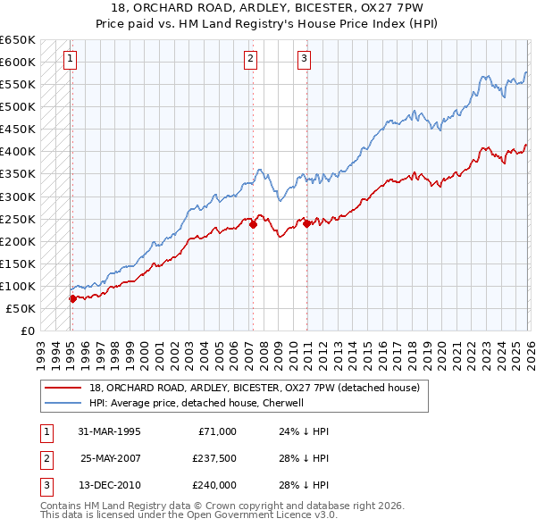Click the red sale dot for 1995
click(x=72, y=299)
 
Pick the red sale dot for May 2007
click(x=253, y=225)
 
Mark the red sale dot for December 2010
click(x=306, y=223)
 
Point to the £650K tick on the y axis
click(x=18, y=40)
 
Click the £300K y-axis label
click(x=18, y=197)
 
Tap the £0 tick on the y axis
click(x=28, y=330)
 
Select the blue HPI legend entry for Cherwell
click(x=197, y=403)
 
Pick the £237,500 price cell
click(x=214, y=458)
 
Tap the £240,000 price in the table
click(x=214, y=485)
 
